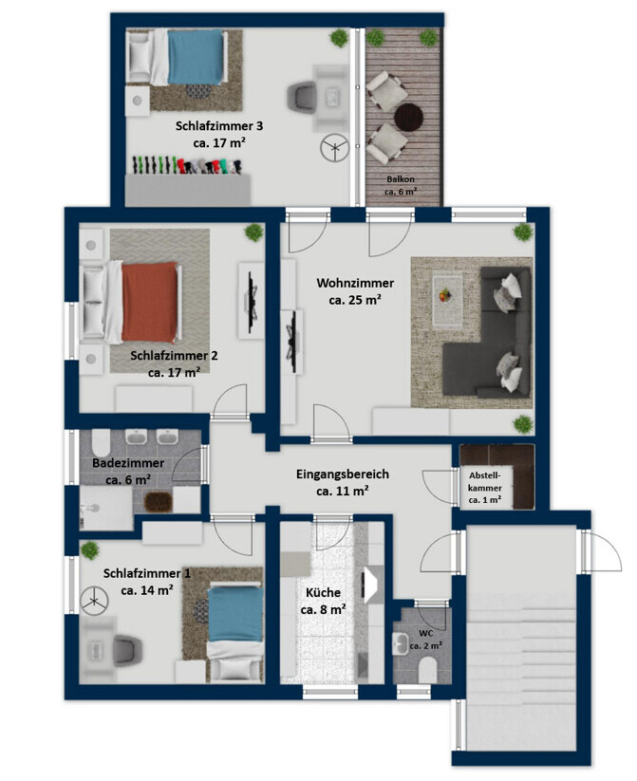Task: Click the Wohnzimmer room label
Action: pos(355,283)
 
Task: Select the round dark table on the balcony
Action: pos(409,117)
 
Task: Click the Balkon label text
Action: pos(401,178)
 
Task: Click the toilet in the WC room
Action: pos(427,670)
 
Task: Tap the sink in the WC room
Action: pos(401,643)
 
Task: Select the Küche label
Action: pos(323,593)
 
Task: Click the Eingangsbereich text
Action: pos(343,474)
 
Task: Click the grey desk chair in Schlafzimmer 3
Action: pos(302,95)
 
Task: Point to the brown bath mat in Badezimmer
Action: pos(158,502)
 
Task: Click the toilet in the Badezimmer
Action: pos(101,441)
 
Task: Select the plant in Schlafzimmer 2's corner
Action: pos(254,232)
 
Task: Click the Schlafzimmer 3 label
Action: pos(219,126)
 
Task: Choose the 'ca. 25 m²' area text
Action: pos(355,300)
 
